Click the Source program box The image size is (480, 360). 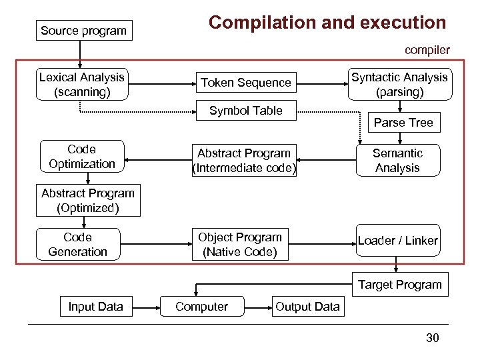point(83,31)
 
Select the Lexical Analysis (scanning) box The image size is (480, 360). point(82,85)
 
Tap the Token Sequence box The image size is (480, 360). point(246,83)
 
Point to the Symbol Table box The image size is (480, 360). point(246,111)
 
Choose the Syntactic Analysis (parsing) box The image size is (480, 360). point(399,85)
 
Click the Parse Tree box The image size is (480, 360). point(403,123)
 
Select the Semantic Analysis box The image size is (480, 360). point(397,161)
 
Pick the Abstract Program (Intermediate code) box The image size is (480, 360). point(243,161)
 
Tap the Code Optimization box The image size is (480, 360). point(81,157)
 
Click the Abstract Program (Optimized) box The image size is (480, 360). point(88,201)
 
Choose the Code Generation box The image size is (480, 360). point(77,245)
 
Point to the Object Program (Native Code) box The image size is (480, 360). point(240,245)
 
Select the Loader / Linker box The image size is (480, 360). point(398,241)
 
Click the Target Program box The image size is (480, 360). point(400,285)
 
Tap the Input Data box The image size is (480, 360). point(95,307)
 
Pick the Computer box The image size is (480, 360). point(201,307)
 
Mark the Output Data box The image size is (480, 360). point(307,307)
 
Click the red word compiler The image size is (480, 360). point(427,50)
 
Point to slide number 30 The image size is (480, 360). point(433,338)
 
